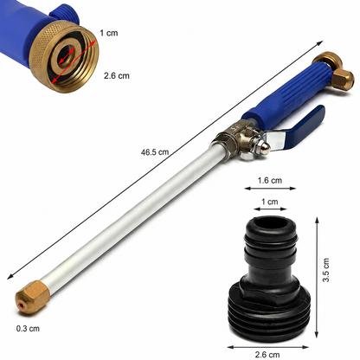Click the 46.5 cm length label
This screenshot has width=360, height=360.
(x=155, y=152)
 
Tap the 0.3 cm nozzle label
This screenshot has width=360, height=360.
(x=28, y=328)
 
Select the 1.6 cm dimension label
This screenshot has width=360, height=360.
(x=270, y=180)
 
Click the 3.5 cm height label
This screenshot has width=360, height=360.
(x=325, y=270)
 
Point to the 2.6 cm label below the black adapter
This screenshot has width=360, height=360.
(x=267, y=354)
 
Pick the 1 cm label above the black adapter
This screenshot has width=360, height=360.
(x=270, y=202)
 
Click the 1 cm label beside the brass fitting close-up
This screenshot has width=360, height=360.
(x=109, y=33)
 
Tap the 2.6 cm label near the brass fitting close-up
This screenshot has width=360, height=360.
(x=117, y=76)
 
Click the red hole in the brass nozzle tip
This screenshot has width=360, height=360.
(x=21, y=305)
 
